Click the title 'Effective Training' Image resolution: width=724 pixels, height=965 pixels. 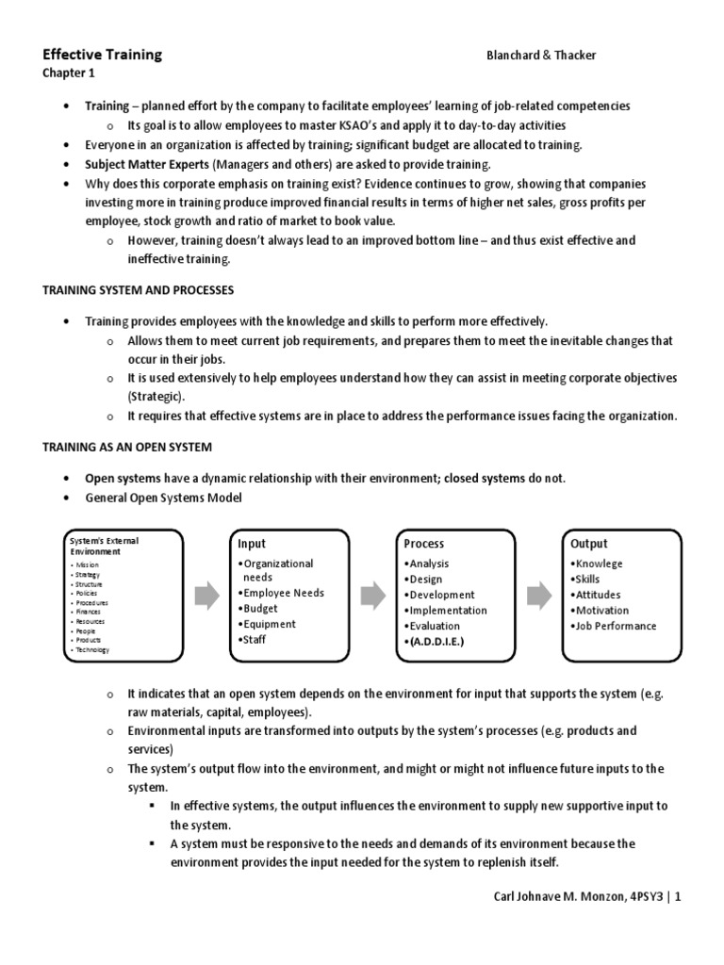point(102,55)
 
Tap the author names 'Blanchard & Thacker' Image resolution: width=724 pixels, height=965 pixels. point(540,56)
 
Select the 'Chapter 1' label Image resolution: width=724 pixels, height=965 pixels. point(68,74)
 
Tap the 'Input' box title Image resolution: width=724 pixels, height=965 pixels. point(252,544)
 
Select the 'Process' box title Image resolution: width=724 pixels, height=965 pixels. point(423,544)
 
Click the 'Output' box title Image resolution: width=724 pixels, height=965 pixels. point(589,544)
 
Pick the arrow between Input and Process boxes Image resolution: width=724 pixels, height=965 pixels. point(372,595)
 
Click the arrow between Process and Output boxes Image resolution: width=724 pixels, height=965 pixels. point(539,595)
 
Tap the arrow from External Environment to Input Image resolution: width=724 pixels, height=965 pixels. point(206,595)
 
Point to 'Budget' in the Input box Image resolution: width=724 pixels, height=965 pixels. point(263,609)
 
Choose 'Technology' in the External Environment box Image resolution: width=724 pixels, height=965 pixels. point(93,650)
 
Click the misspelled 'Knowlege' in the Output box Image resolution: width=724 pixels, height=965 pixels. point(600,564)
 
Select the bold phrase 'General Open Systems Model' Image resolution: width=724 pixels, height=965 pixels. point(163,498)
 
